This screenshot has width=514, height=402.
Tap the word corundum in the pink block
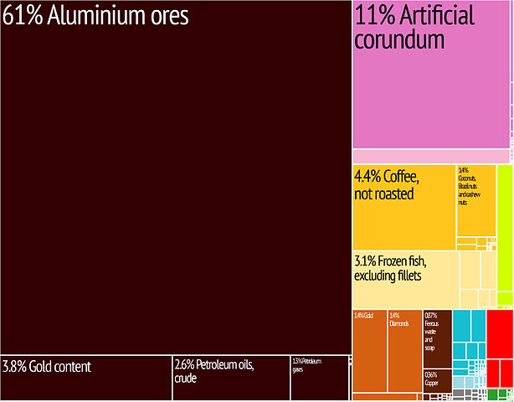399,39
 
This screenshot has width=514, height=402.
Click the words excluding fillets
388,276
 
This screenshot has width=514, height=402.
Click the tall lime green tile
504,234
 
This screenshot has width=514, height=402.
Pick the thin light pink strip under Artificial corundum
429,157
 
